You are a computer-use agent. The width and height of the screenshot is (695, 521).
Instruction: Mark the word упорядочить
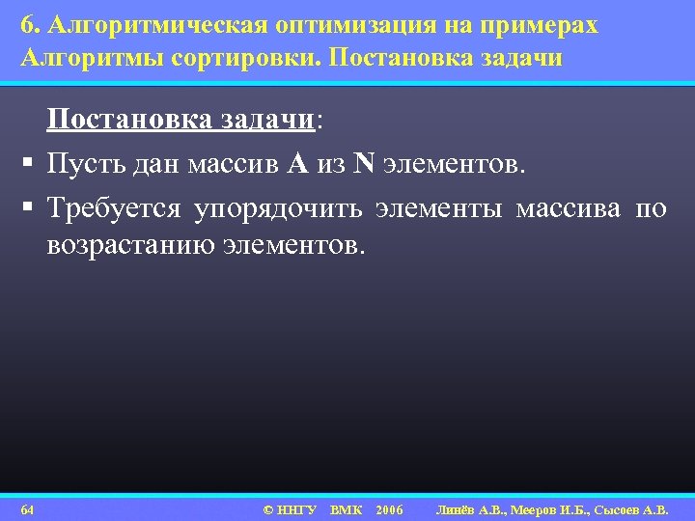point(278,207)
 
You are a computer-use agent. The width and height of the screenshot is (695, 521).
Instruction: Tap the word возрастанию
point(130,245)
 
